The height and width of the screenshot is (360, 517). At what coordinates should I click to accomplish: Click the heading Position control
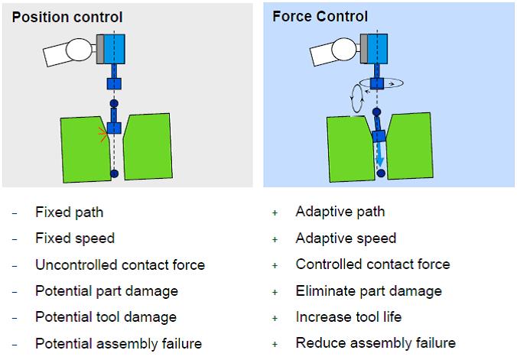click(x=67, y=17)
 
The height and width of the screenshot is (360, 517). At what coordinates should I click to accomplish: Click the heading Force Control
click(x=320, y=16)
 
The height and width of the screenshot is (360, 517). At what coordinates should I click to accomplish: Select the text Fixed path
click(x=69, y=212)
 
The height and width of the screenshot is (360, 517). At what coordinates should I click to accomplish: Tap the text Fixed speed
click(x=75, y=238)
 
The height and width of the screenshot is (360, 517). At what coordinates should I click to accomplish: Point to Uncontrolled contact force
click(x=120, y=265)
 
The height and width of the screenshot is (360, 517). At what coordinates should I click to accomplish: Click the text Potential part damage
click(x=106, y=291)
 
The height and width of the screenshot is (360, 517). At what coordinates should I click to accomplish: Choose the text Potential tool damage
click(x=106, y=317)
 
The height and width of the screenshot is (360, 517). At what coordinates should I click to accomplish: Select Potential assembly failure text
click(x=119, y=344)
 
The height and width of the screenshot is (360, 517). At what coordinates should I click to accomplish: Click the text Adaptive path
click(x=340, y=212)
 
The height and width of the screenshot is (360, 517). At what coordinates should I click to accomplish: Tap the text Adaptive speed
click(x=346, y=238)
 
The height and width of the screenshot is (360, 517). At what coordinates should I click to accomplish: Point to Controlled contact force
click(x=372, y=264)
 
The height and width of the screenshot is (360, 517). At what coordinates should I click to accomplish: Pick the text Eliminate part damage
click(x=369, y=291)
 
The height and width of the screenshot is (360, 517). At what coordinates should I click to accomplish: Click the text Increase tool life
click(x=348, y=317)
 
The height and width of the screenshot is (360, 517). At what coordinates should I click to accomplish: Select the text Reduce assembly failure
click(x=376, y=343)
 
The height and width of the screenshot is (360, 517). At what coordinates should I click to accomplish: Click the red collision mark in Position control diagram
click(x=102, y=135)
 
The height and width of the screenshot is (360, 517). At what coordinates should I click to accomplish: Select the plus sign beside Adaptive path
click(x=275, y=212)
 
